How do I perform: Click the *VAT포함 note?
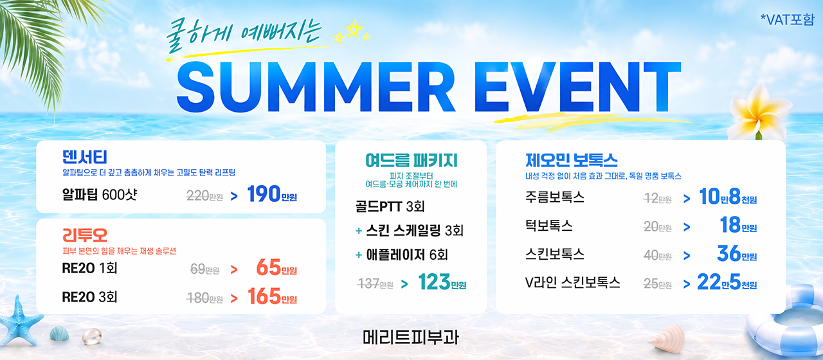click(x=788, y=19)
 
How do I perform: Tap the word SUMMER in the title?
click(x=316, y=87)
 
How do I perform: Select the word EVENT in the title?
click(x=577, y=87)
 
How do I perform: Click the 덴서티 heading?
click(x=84, y=157)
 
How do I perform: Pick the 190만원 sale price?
click(x=272, y=194)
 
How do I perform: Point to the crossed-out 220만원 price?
click(x=204, y=196)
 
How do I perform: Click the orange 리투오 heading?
click(x=84, y=235)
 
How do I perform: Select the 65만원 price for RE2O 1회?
click(x=276, y=267)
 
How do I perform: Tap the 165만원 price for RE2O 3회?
click(x=272, y=296)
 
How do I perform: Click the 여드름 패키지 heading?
click(x=411, y=161)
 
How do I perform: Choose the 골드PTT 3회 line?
click(x=390, y=206)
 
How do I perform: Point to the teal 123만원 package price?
click(x=442, y=282)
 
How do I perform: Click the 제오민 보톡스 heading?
click(x=572, y=160)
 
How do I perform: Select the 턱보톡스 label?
click(x=549, y=225)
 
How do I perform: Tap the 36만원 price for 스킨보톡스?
click(x=737, y=253)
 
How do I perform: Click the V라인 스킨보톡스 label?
click(x=572, y=282)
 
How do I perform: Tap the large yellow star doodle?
click(x=354, y=28)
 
